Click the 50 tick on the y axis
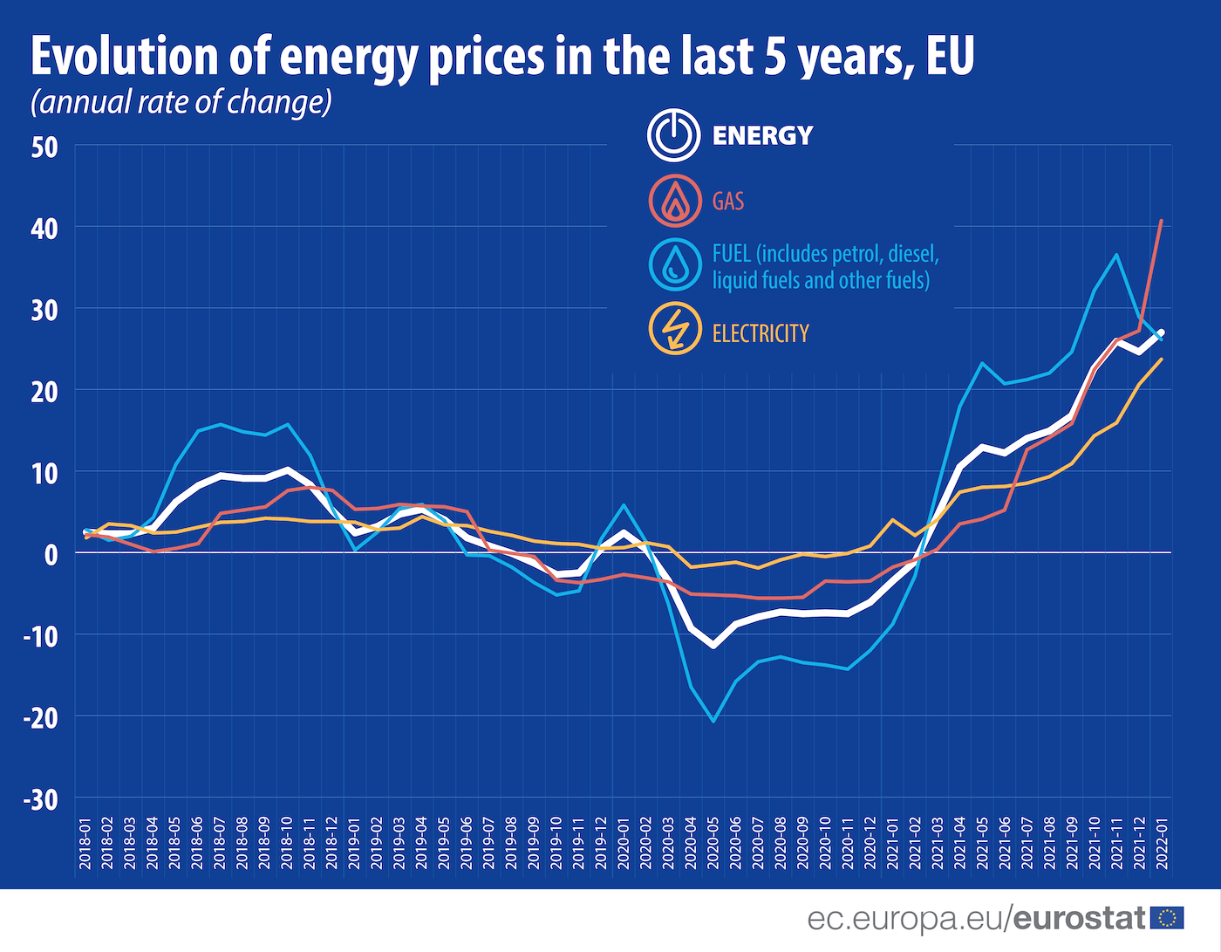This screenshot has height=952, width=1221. coord(44,147)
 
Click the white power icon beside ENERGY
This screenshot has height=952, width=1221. coord(673,135)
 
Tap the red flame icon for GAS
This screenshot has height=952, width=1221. coord(674,201)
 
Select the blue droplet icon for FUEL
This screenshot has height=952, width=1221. coord(674,264)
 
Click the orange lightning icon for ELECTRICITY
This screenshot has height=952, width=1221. coord(674,329)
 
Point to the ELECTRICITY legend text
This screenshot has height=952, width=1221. coord(761,333)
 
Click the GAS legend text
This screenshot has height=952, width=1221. coord(728,202)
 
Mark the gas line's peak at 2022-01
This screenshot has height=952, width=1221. coord(1161,221)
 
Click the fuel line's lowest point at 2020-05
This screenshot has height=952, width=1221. coord(713,721)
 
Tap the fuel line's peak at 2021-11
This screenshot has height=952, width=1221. coord(1116,255)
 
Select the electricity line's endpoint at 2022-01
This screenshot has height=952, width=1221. coord(1161,359)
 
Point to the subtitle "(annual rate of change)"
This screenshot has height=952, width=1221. coord(181,102)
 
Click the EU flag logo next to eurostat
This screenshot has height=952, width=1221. coord(1167,917)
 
